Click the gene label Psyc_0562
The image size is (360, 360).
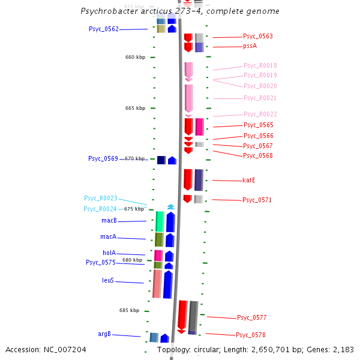pos(103,29)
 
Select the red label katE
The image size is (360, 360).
pos(249,180)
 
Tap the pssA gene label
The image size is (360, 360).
pos(250,46)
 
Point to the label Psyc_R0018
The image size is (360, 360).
pos(260,65)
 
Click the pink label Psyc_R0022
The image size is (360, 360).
pos(260,114)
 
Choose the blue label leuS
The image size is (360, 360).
pos(108,280)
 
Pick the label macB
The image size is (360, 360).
pos(109,221)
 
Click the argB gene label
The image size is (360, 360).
pos(104,334)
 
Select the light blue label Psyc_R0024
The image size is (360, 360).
pos(100,209)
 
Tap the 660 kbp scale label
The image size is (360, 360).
pos(135,57)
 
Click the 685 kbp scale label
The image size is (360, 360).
pos(129,310)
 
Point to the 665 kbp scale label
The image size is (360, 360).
pos(135,108)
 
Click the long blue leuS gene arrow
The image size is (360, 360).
pos(168,284)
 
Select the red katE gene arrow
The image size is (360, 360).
pos(188,180)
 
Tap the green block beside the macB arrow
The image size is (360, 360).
pos(160,221)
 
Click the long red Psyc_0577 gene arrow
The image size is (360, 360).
pos(182,316)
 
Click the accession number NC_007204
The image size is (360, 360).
pos(65,349)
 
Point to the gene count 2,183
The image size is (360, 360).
pos(343,349)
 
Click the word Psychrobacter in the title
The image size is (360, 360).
pos(106,11)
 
